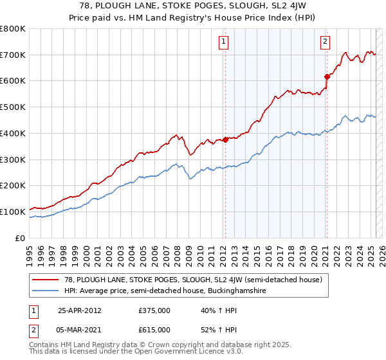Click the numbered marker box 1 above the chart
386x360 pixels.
[223, 42]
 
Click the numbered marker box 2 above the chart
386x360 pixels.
[325, 42]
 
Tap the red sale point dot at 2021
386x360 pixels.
[327, 77]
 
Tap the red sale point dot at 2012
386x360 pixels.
[226, 139]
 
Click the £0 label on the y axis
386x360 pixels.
[19, 238]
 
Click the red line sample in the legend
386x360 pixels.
[47, 280]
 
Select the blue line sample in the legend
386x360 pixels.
[47, 291]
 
